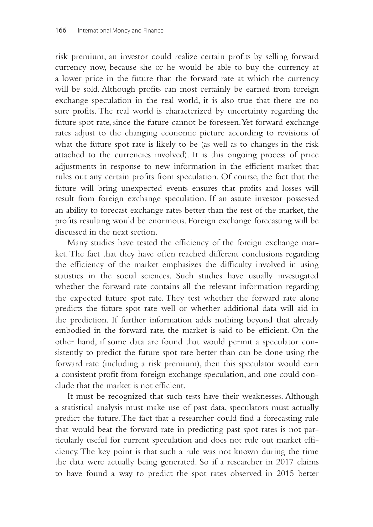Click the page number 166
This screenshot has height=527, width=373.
coord(61,30)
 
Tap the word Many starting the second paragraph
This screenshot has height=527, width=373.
coord(77,243)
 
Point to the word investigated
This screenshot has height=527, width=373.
coord(298,276)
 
